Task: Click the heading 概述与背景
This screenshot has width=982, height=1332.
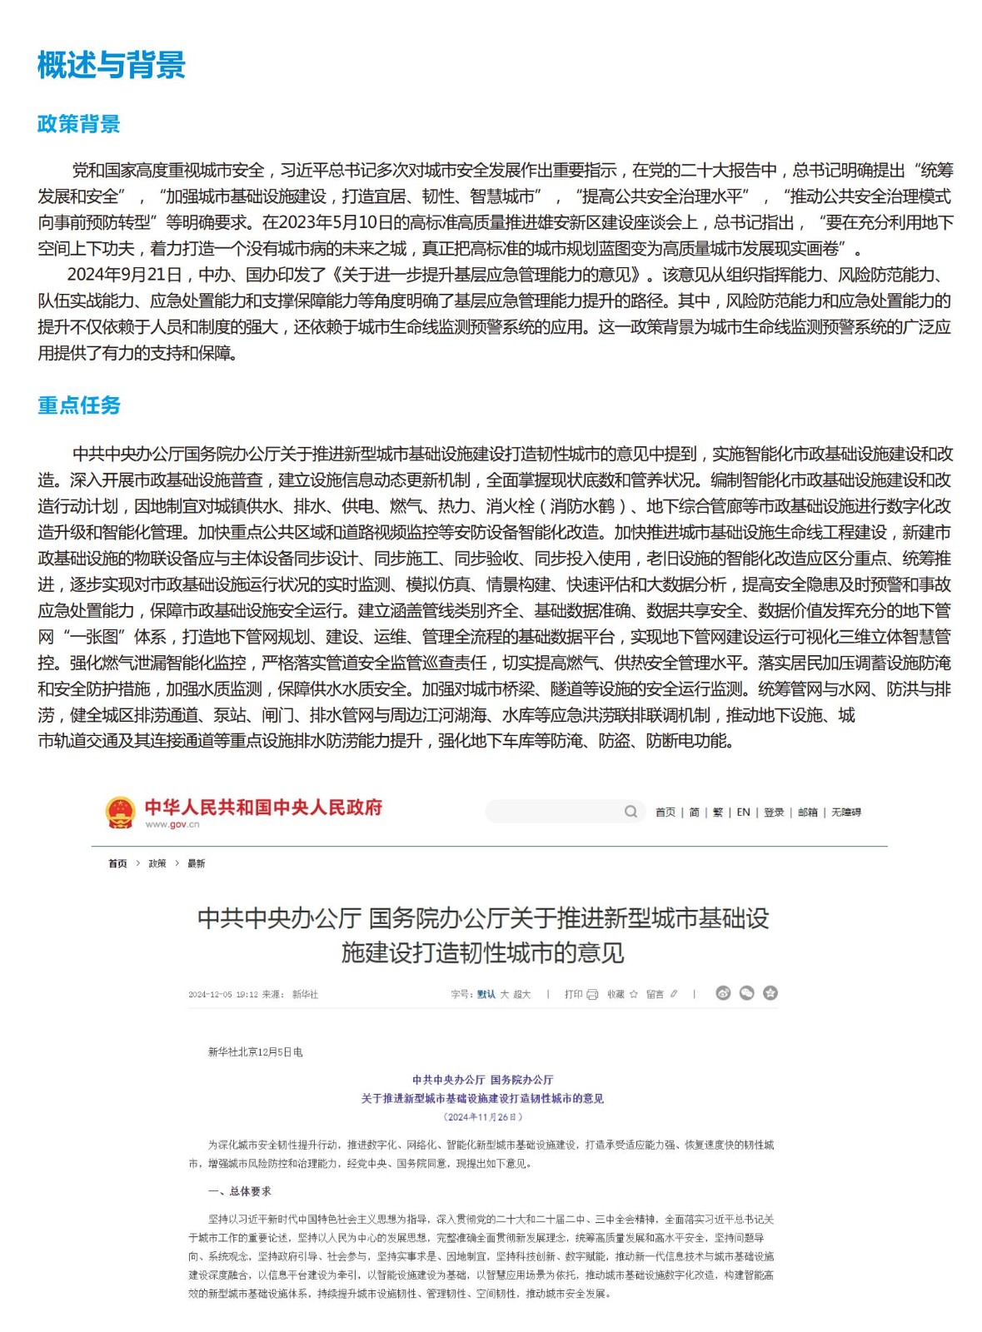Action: click(x=111, y=65)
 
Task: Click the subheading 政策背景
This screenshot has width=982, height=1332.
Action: click(x=79, y=124)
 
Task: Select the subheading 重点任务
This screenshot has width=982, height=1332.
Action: click(x=79, y=405)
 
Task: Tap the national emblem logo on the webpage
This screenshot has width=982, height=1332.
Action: click(x=120, y=812)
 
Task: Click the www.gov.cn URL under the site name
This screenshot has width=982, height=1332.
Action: click(x=172, y=824)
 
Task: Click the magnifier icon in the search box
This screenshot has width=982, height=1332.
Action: click(x=631, y=812)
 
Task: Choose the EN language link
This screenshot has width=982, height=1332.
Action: click(x=743, y=813)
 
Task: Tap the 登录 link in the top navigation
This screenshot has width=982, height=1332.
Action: click(x=774, y=813)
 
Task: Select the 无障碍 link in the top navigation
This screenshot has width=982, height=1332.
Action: click(x=845, y=813)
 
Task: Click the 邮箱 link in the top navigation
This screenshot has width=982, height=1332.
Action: click(x=807, y=813)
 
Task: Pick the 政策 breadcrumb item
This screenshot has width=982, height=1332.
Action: click(x=157, y=863)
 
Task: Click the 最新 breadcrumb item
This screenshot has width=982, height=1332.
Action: click(x=196, y=863)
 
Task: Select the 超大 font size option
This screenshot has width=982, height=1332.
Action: click(x=521, y=994)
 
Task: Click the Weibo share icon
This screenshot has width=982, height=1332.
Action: click(x=723, y=993)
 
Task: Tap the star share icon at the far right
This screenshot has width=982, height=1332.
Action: click(x=770, y=993)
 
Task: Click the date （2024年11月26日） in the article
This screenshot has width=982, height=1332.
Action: click(x=482, y=1117)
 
